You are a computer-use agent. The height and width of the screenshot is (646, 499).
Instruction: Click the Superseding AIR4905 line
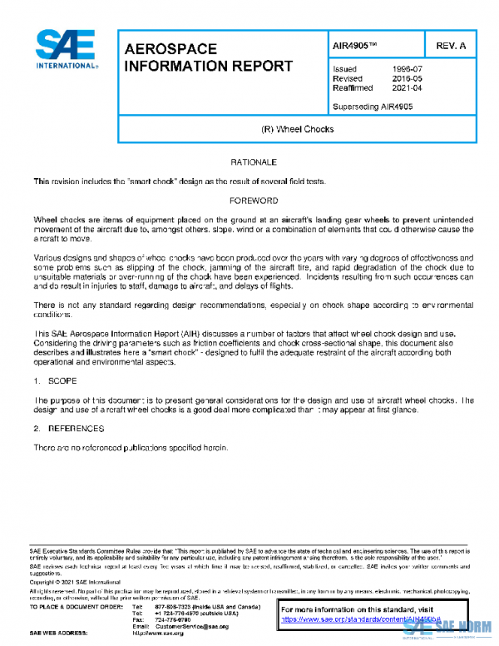coord(372,106)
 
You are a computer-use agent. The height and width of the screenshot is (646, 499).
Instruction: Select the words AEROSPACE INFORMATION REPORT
coord(208,57)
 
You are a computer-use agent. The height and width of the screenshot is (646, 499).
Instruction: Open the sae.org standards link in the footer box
coord(349,620)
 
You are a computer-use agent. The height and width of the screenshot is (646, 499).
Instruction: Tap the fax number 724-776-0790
coord(172,619)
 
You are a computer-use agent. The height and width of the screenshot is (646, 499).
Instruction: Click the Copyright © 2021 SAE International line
coord(75,582)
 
